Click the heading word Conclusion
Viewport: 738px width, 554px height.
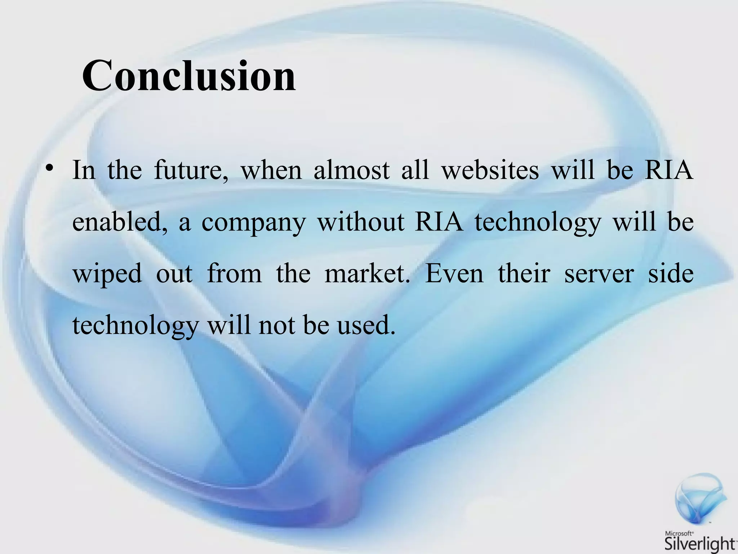click(x=189, y=76)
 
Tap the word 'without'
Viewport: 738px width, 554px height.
click(x=360, y=222)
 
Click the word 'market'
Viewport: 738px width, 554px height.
click(x=367, y=274)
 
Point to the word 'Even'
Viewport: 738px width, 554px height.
click(x=455, y=274)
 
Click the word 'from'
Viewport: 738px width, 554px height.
click(x=235, y=274)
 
